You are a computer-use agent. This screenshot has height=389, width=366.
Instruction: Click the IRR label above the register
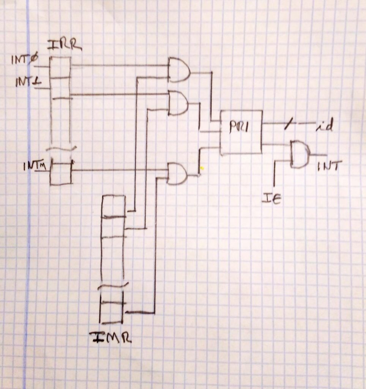tap(64, 45)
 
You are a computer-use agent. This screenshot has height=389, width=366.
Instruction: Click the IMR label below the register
tap(110, 337)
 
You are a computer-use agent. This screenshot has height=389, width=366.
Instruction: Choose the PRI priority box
tap(241, 132)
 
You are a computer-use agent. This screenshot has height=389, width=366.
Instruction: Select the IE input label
tap(271, 199)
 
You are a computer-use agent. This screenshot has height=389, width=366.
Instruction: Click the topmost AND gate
tap(178, 70)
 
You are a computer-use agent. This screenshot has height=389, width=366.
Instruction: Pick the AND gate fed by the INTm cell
tap(177, 174)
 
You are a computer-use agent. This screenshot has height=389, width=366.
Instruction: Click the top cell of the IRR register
tap(60, 68)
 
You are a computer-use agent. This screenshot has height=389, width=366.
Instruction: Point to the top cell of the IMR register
tap(113, 206)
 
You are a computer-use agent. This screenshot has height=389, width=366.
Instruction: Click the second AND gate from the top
tap(178, 103)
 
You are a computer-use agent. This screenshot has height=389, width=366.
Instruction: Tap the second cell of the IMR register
tap(113, 227)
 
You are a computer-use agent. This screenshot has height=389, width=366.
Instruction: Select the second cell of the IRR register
tap(61, 88)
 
